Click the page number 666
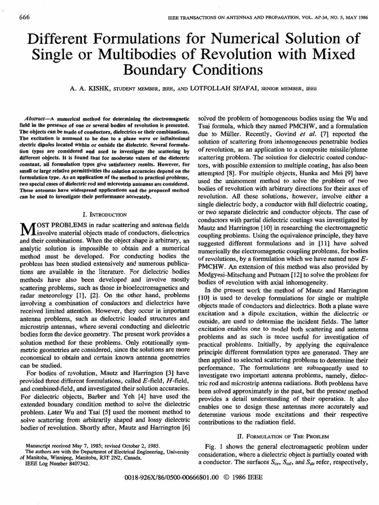pyautogui.click(x=24, y=18)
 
